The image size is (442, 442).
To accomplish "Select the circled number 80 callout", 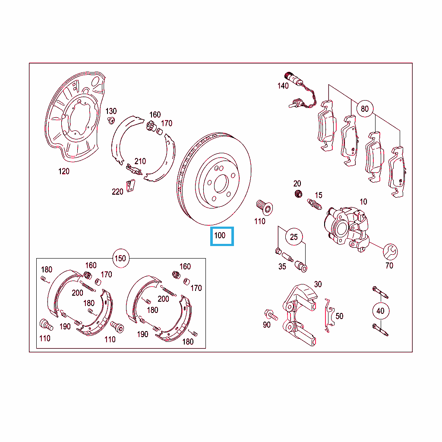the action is tap(365, 109).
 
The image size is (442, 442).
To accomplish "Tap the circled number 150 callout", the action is tap(121, 258).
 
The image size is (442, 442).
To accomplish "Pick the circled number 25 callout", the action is tap(294, 237).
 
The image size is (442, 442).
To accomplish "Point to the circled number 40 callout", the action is tap(381, 311).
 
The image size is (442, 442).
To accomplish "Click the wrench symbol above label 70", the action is tap(390, 252).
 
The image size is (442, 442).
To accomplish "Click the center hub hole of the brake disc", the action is tap(221, 184).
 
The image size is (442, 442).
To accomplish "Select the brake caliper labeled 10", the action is tap(347, 228).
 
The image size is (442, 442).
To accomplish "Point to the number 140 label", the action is tap(283, 86).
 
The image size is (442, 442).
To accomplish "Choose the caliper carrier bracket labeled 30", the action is tap(300, 315).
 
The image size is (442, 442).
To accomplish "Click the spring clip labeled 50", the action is tap(329, 316).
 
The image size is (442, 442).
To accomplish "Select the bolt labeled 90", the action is tap(271, 315).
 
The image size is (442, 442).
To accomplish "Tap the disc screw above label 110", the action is tap(265, 208).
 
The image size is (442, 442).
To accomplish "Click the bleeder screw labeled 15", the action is tap(314, 204).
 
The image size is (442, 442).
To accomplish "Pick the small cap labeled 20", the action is tap(298, 194).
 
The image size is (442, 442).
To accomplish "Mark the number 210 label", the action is tap(140, 161).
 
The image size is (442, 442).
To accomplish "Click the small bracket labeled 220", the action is tap(130, 186).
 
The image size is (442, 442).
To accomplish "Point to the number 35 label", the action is tap(282, 267).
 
